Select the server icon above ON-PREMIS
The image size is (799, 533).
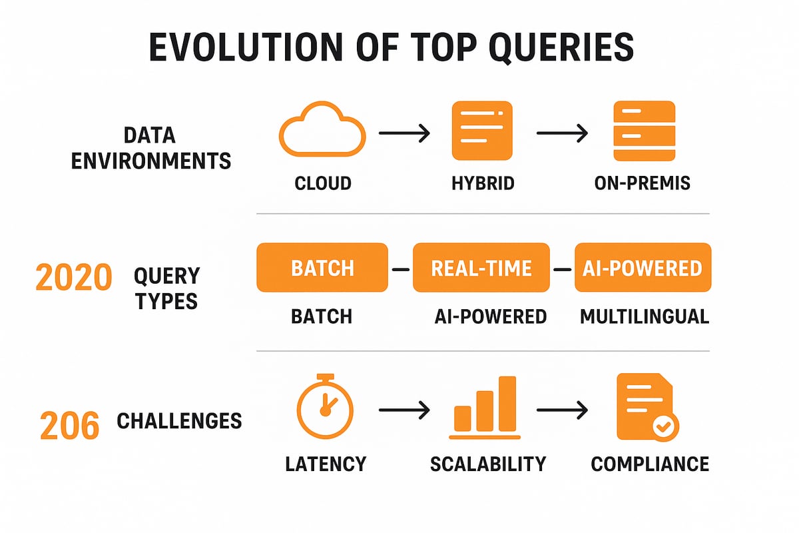coord(643,131)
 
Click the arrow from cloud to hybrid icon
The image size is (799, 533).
coord(403,134)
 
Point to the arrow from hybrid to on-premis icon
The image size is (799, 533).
coord(562,134)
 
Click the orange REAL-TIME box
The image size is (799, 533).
coord(481,268)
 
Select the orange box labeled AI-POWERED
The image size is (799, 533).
coord(643,268)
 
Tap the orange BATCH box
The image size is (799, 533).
coord(322,268)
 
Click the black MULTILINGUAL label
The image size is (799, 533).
coord(644,316)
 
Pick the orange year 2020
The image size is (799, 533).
coord(73,277)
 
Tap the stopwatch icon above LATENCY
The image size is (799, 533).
coord(325,406)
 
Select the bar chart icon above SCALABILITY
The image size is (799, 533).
coord(485,408)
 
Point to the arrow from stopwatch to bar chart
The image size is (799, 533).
coord(403,411)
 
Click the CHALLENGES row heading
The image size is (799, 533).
coord(179,421)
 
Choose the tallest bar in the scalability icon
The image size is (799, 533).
coord(507,404)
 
